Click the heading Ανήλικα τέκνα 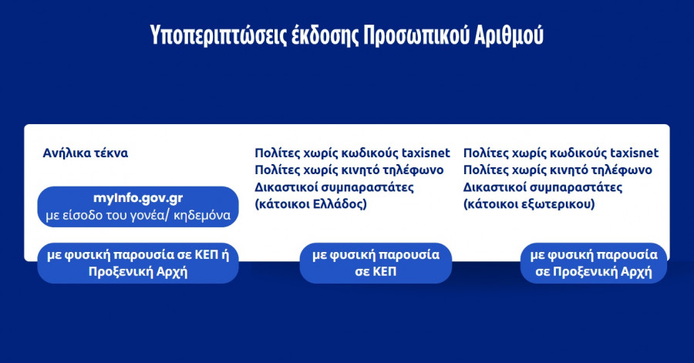(86, 153)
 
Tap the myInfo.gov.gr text (137, 199)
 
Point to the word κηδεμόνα (202, 215)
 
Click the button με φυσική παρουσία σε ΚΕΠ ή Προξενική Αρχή (137, 263)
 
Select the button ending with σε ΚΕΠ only (376, 263)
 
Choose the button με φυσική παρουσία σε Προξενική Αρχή (594, 263)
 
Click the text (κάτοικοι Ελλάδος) (311, 204)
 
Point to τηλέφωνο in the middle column (412, 170)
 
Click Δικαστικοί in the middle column (284, 187)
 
